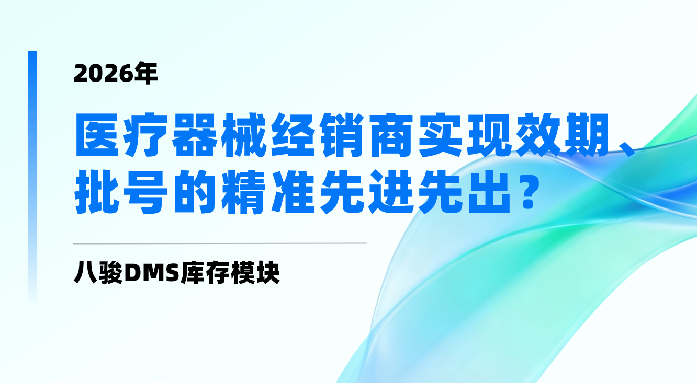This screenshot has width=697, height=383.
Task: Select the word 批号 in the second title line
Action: [122, 194]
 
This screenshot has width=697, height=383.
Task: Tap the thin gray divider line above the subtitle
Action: [220, 243]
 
